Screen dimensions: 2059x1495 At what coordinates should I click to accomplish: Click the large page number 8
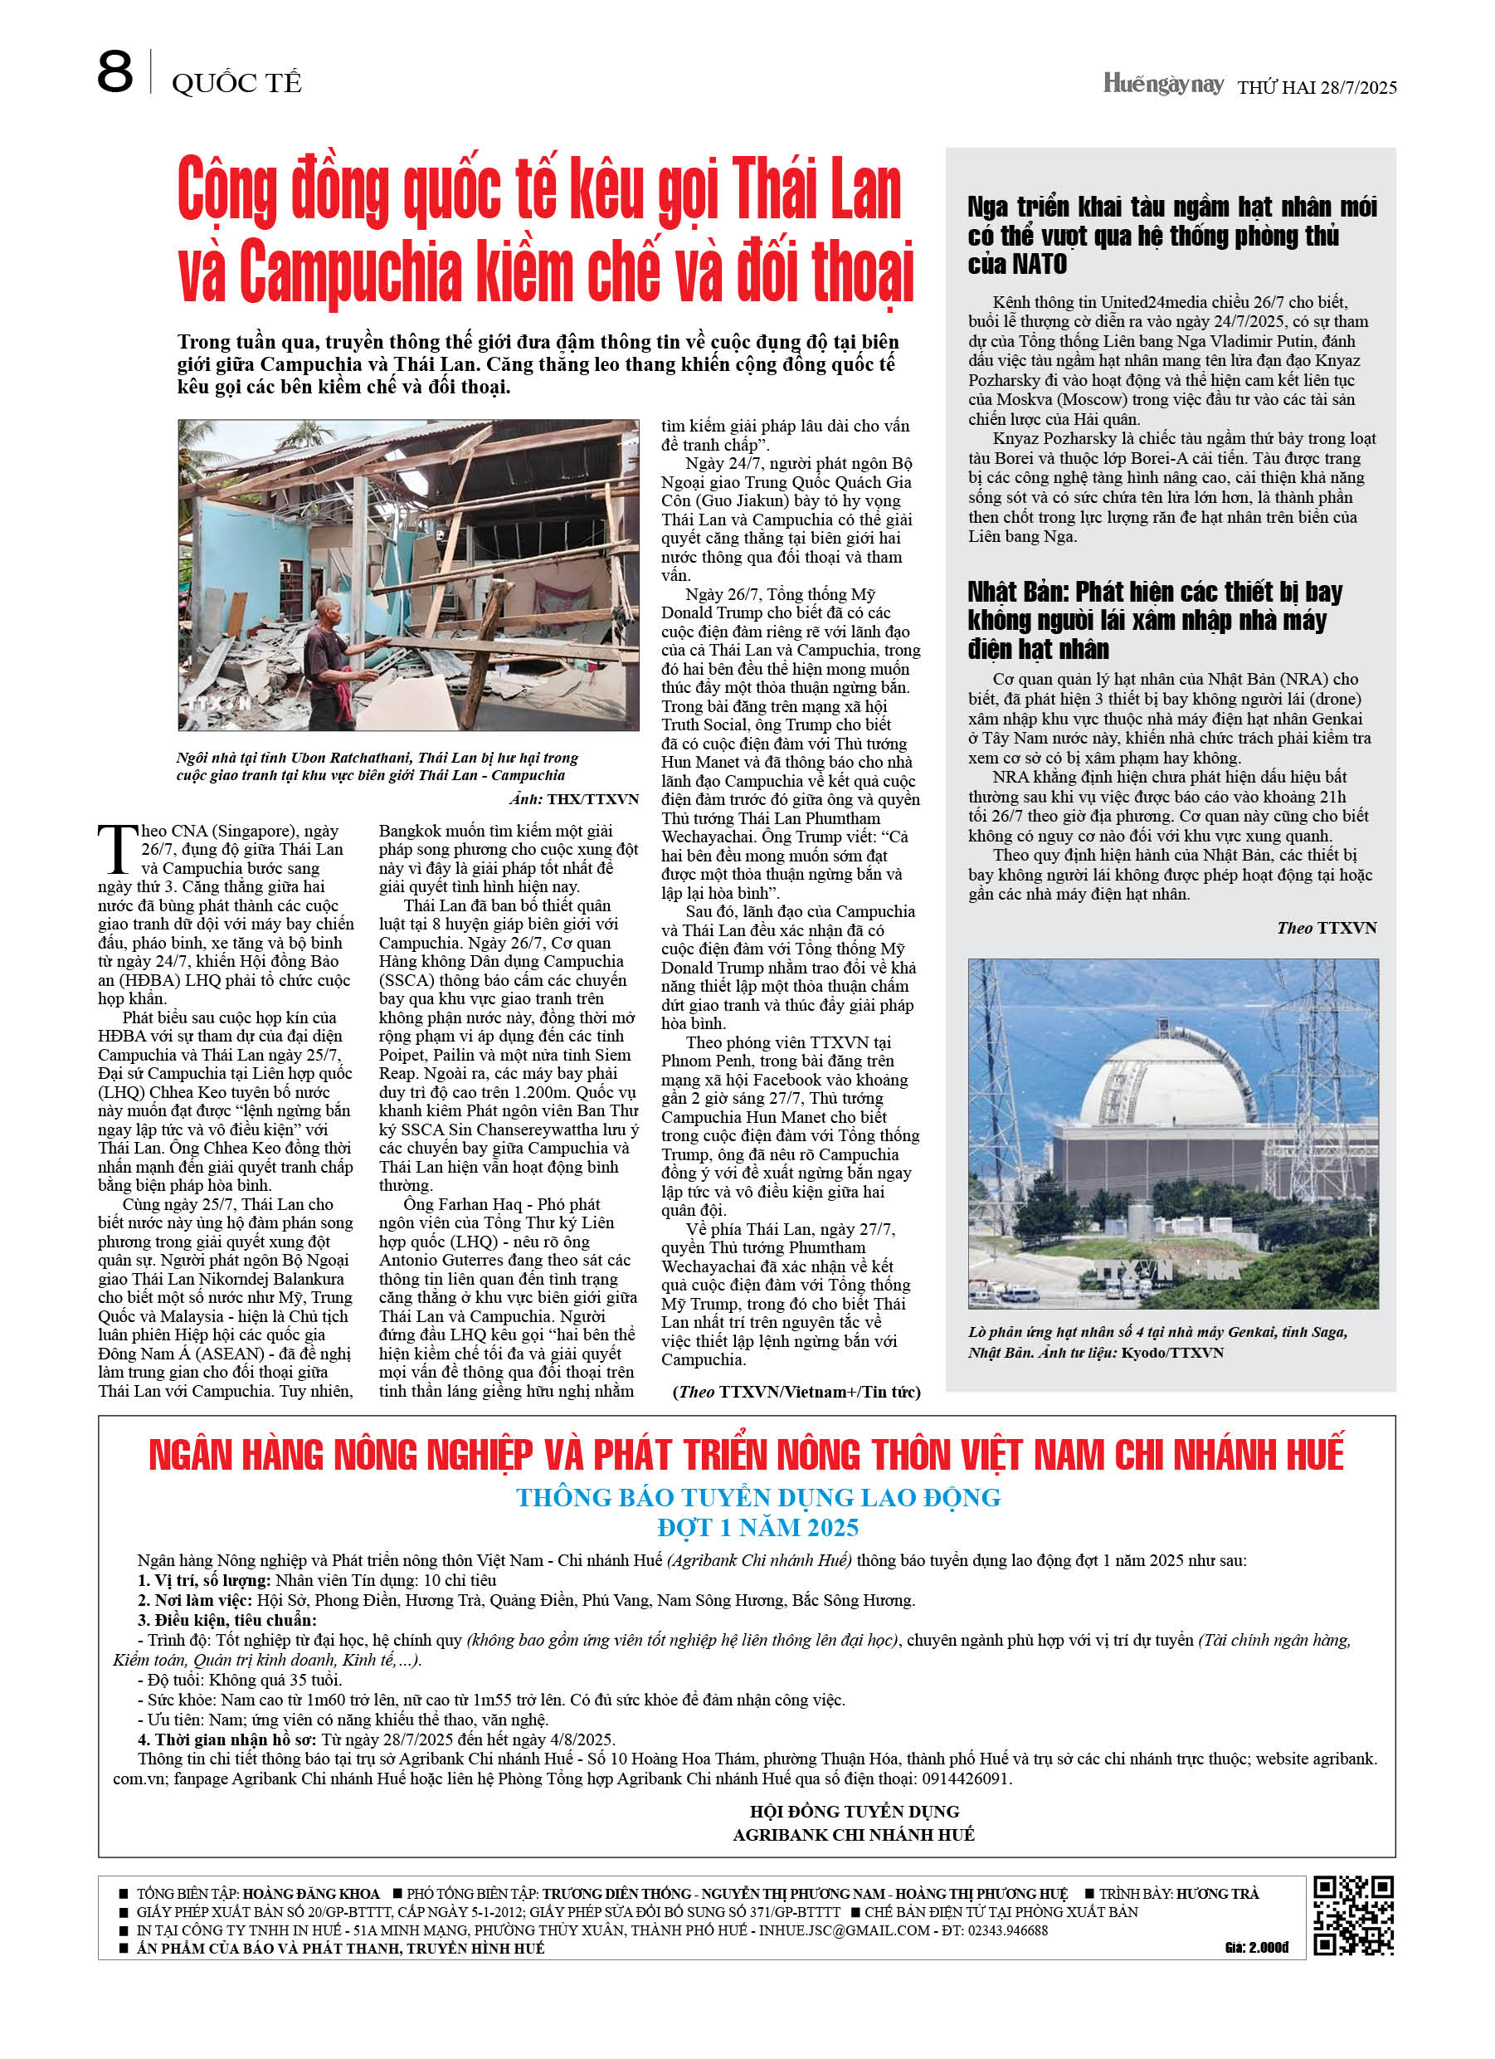114,73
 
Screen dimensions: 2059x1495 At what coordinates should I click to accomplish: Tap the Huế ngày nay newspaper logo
1163,85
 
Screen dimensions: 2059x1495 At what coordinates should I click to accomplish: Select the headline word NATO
1039,265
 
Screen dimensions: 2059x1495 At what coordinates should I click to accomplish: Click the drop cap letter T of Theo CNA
117,850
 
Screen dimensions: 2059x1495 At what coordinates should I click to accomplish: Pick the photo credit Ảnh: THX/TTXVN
573,800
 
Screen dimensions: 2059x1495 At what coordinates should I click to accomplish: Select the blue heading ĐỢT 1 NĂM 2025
758,1528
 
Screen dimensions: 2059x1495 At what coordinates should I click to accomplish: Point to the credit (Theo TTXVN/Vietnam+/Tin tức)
796,1392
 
